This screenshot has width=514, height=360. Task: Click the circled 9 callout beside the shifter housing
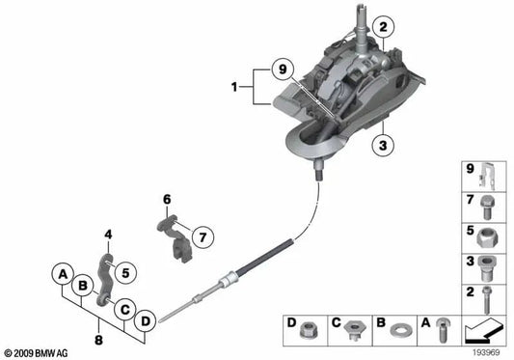pos(281,69)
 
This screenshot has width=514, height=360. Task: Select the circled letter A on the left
pos(62,272)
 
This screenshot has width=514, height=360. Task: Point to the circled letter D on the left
pos(146,319)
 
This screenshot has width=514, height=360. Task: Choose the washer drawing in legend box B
pos(398,330)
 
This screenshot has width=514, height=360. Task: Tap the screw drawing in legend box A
pos(441,329)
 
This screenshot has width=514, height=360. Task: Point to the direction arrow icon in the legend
pos(484,331)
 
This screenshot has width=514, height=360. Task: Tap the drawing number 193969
pos(488,353)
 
